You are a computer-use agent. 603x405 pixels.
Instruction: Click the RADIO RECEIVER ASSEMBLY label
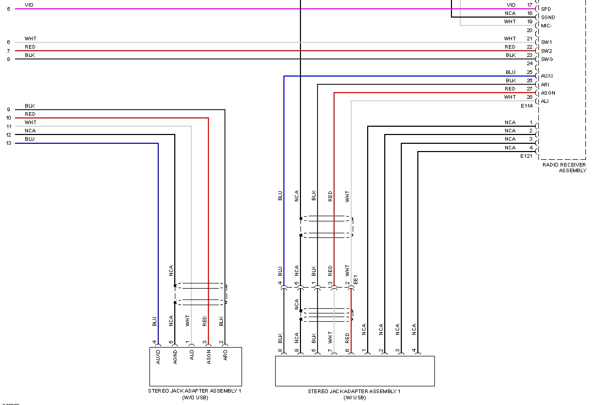pos(564,168)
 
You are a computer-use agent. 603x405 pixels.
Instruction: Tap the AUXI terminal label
pos(547,76)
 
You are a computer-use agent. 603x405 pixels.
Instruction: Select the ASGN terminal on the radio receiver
pos(548,93)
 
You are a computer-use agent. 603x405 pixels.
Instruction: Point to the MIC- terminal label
pos(547,25)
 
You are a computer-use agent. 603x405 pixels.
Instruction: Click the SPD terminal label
pos(546,9)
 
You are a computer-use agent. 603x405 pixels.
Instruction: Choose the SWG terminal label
pos(547,59)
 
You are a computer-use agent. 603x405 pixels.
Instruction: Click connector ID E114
pos(526,106)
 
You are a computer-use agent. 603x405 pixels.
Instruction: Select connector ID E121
pos(526,156)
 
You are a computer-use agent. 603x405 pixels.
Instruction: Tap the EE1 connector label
pos(356,280)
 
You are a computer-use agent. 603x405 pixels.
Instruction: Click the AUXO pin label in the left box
pos(158,357)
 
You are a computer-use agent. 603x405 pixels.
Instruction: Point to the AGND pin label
pos(175,357)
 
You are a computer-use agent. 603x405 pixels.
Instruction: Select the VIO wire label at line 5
pos(29,5)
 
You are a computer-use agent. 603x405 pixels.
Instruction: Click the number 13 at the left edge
pos(8,143)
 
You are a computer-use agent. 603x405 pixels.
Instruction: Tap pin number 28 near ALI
pos(529,97)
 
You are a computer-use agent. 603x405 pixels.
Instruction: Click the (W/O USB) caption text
pos(195,397)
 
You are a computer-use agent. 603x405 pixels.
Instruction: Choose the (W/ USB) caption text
pos(354,397)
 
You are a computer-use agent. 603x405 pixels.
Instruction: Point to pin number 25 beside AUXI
pos(529,72)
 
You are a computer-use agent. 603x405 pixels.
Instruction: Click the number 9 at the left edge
pos(8,110)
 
